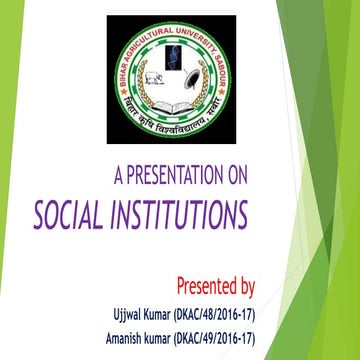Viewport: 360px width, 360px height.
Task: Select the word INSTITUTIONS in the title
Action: tap(180, 214)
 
